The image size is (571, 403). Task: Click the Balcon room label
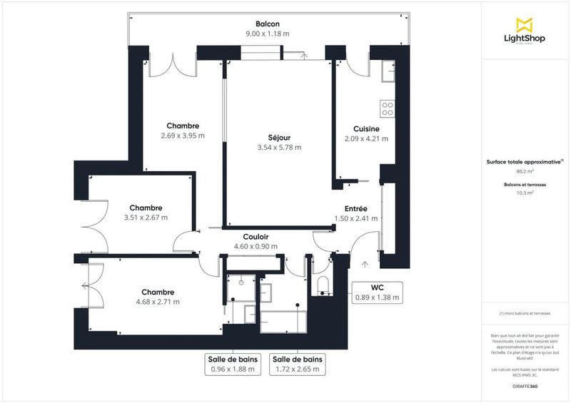tap(268, 24)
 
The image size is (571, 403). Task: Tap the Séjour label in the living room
tap(279, 137)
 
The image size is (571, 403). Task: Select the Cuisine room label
tap(365, 129)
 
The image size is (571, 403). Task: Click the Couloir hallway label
tap(255, 237)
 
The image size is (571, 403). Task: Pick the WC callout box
tap(378, 292)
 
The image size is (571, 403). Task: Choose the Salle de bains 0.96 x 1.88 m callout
tap(233, 364)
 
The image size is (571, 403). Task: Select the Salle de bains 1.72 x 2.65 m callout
tap(298, 364)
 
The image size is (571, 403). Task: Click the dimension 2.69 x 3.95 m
tap(183, 136)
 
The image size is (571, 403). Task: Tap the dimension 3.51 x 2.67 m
tap(146, 218)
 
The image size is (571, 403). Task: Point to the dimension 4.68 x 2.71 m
tap(157, 302)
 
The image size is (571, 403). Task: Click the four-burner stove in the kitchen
tap(388, 108)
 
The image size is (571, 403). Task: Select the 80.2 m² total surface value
tap(525, 171)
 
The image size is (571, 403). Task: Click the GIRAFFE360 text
tap(525, 386)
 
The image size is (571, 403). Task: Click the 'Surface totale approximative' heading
tap(525, 162)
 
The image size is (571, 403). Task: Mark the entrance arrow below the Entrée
tap(365, 265)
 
